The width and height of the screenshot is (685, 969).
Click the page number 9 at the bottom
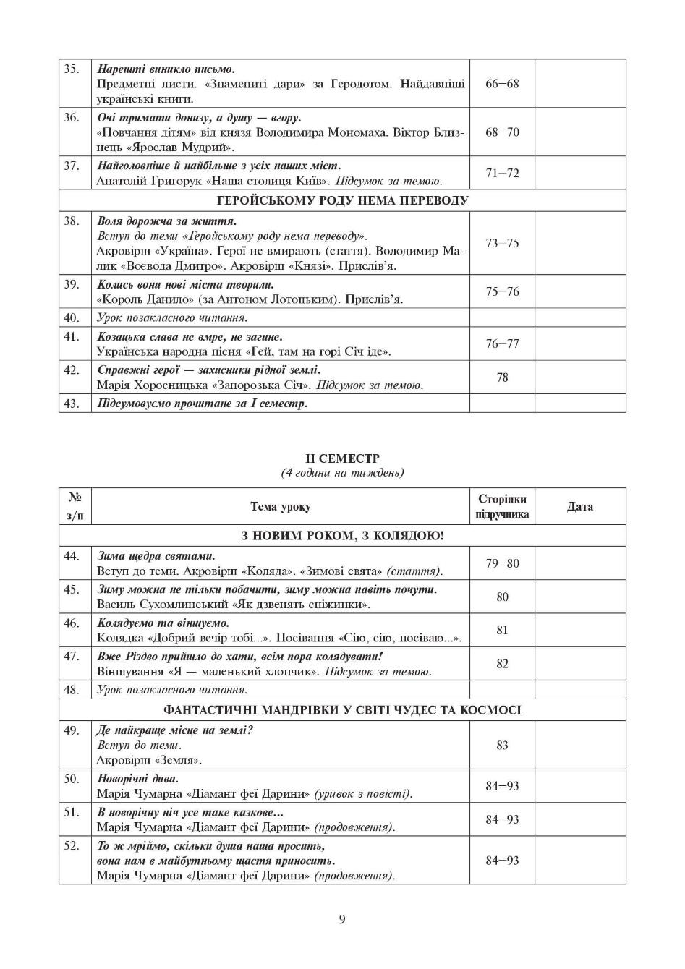coord(342,919)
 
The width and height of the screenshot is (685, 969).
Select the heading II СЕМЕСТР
coord(342,458)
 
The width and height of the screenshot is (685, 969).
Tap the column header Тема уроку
coord(281,506)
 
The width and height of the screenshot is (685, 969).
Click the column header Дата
coord(580,506)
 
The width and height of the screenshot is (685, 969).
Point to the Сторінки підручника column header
coord(502,507)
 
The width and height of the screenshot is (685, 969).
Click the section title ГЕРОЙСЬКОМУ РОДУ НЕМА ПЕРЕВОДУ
coord(342,200)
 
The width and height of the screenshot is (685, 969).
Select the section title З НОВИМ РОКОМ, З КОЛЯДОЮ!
coord(342,536)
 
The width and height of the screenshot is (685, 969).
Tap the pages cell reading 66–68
coord(502,84)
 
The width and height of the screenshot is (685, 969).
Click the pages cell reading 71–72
coord(502,174)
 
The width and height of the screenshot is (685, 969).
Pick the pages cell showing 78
coord(502,377)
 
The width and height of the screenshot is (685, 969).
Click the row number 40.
coord(71,317)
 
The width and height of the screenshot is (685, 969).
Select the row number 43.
coord(71,404)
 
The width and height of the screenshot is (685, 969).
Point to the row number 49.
coord(71,730)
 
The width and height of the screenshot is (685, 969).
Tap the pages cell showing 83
coord(502,745)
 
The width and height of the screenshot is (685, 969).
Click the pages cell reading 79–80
coord(502,563)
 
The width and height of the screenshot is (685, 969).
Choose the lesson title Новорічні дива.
coord(137,779)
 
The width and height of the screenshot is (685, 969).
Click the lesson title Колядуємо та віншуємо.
coord(163,623)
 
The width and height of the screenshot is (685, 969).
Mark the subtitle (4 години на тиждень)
coord(342,473)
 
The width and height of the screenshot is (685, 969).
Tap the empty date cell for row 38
coord(580,243)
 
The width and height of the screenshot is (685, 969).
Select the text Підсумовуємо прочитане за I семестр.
coord(203,404)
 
